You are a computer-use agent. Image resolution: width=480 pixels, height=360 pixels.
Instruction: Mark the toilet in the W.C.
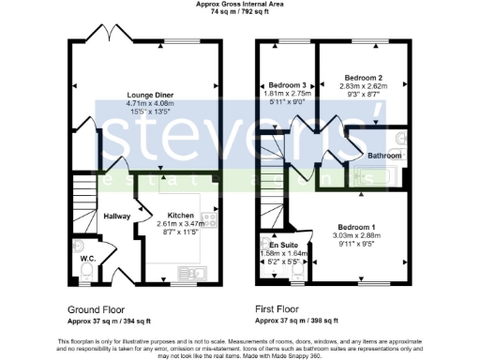(x=84, y=272)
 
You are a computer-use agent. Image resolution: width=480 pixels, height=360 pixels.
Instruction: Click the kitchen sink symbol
(x=198, y=273)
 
